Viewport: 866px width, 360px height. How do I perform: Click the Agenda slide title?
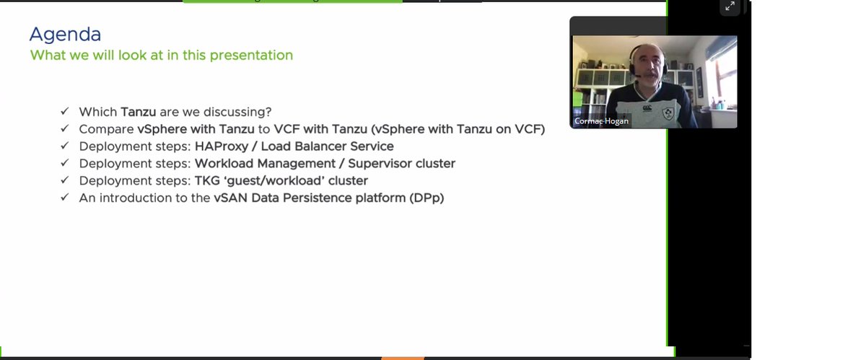(x=65, y=34)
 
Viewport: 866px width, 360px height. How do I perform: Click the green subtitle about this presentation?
(x=161, y=55)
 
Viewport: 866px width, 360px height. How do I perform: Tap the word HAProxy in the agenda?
(x=220, y=146)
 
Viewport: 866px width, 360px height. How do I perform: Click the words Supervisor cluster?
(x=401, y=164)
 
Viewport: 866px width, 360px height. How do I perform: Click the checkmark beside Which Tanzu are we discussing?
(x=65, y=112)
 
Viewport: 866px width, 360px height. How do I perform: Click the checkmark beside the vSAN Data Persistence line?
(x=65, y=198)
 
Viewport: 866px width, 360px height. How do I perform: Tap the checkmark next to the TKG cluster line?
(x=65, y=180)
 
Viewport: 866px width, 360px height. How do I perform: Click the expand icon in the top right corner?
(x=730, y=7)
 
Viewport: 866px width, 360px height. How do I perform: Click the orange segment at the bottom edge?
(x=402, y=357)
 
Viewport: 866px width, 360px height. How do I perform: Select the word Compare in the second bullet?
(x=106, y=129)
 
